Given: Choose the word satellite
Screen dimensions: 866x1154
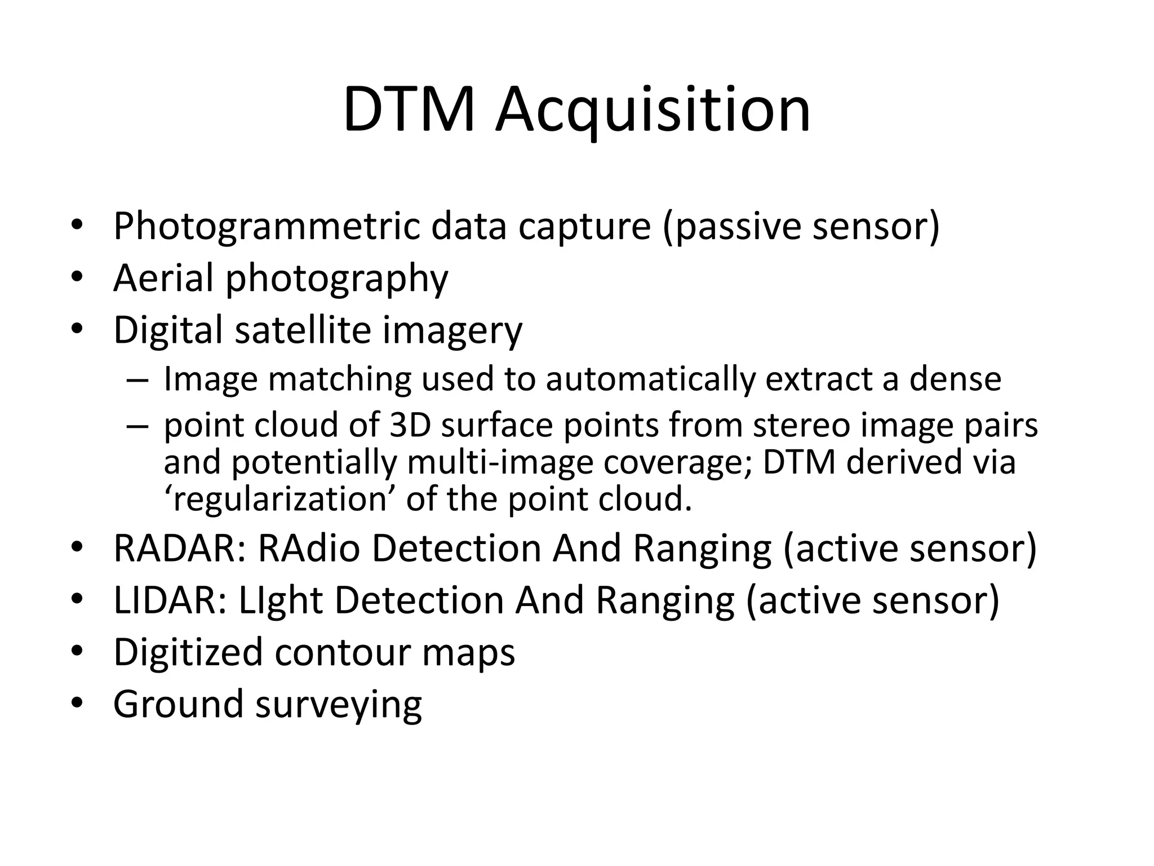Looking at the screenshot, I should pos(303,330).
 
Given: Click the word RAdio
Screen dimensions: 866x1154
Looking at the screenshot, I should pos(309,549).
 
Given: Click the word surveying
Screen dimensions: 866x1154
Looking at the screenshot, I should pos(339,705).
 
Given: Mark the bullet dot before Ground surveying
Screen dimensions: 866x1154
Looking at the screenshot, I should pos(77,704).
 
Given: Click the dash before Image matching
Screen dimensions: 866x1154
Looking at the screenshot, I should pos(137,379).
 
